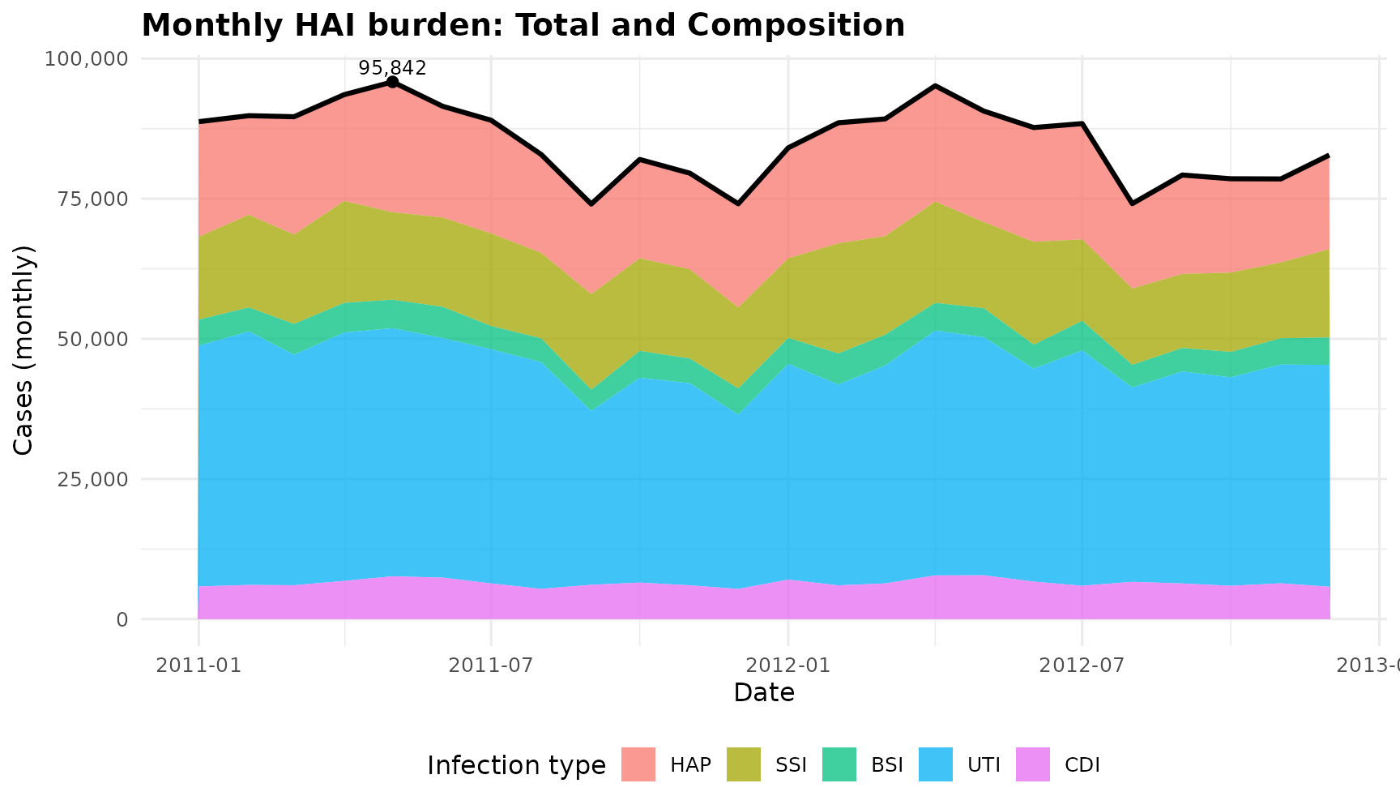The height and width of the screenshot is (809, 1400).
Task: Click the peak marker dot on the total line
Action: click(392, 82)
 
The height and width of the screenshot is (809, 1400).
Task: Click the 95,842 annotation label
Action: click(392, 68)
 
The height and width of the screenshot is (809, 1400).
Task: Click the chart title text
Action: click(523, 26)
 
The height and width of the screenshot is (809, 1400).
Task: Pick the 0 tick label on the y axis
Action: click(122, 619)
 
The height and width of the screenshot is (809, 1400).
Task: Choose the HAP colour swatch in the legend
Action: click(638, 764)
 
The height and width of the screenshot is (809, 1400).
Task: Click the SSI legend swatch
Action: click(744, 764)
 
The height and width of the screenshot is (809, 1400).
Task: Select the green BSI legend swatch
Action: click(839, 764)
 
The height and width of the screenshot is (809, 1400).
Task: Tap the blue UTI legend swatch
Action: click(936, 764)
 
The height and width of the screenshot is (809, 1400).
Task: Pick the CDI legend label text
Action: click(1082, 764)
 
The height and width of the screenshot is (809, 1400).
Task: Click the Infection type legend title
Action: click(516, 765)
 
